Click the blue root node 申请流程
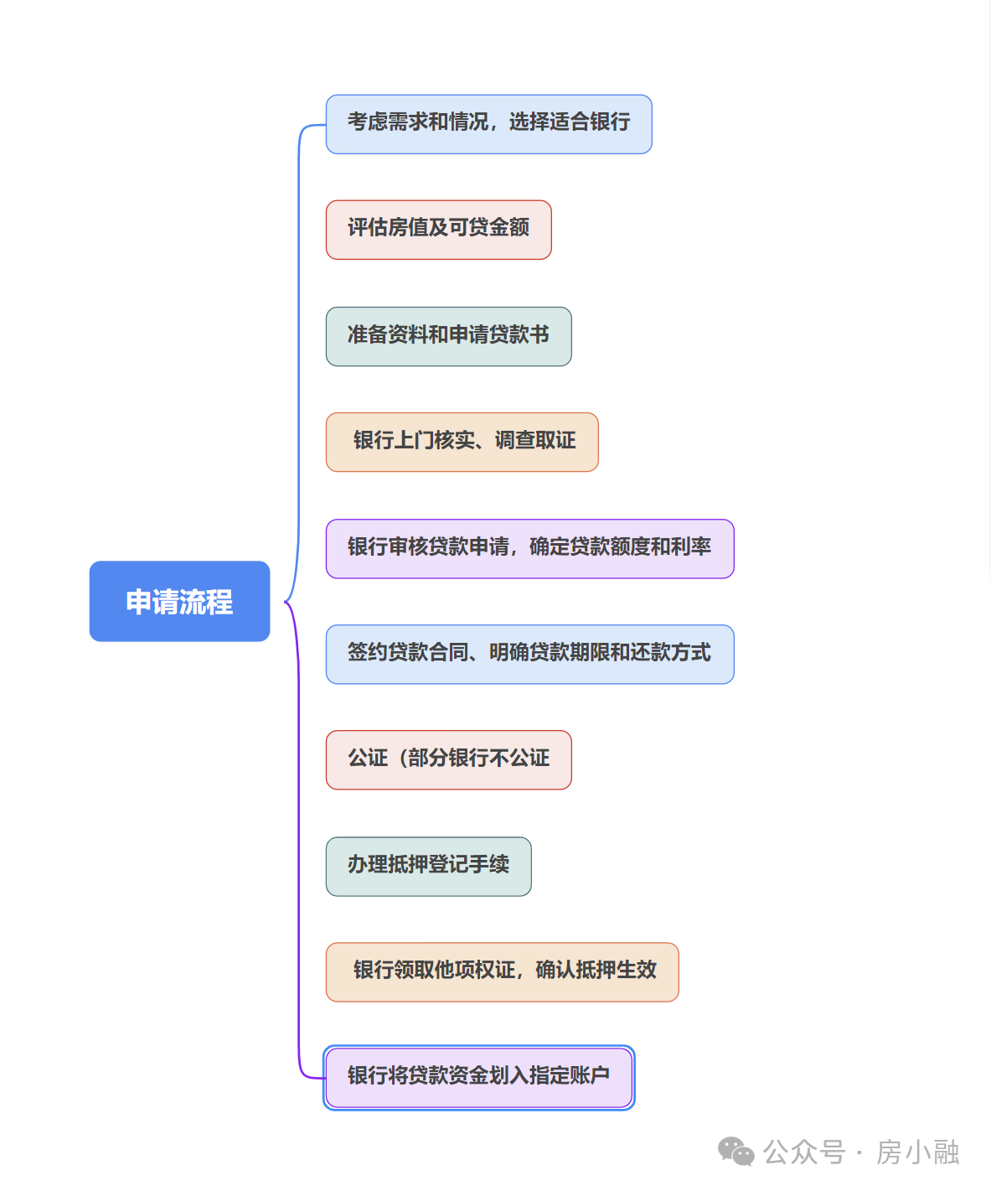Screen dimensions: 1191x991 (x=179, y=601)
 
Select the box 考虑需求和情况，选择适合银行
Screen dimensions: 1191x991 (x=488, y=124)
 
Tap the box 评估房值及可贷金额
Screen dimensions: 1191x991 (x=438, y=230)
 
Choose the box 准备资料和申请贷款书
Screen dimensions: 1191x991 (x=448, y=336)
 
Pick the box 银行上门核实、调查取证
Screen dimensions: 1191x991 (x=462, y=442)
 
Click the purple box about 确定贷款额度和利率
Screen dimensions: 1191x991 (x=529, y=548)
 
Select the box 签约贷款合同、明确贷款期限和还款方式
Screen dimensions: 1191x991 (x=529, y=654)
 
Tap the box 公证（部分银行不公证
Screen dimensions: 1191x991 (x=448, y=759)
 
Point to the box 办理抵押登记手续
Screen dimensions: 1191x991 (x=428, y=866)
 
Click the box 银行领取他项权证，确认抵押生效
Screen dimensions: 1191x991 (x=502, y=971)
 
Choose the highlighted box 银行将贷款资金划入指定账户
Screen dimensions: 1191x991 (x=478, y=1077)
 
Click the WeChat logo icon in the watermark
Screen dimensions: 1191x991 (x=736, y=1152)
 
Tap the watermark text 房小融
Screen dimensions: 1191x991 (x=917, y=1152)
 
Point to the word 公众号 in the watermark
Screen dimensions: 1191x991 (x=804, y=1152)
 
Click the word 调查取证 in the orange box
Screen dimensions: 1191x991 (x=535, y=441)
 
